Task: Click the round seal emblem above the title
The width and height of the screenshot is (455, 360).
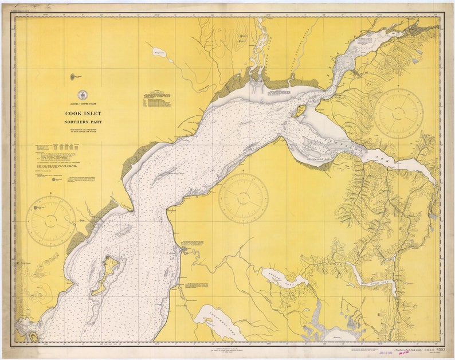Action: click(x=80, y=96)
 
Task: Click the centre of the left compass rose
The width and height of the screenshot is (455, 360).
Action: click(x=51, y=221)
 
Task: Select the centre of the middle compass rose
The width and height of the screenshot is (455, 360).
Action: click(x=243, y=198)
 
